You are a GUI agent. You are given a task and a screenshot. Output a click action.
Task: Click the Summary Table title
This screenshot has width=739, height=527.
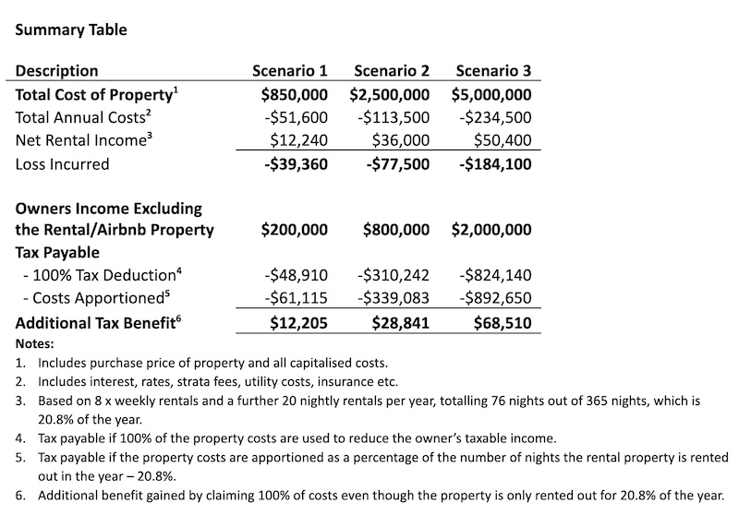(x=69, y=30)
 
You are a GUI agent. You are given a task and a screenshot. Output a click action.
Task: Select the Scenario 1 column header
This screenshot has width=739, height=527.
(x=290, y=71)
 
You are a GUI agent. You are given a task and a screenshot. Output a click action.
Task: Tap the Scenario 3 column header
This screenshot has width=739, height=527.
(x=493, y=71)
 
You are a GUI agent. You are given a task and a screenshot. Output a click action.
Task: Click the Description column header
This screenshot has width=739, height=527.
(x=57, y=71)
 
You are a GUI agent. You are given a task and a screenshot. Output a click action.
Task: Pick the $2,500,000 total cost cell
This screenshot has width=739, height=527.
(x=390, y=94)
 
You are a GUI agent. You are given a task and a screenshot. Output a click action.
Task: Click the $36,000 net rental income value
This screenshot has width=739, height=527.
(x=400, y=140)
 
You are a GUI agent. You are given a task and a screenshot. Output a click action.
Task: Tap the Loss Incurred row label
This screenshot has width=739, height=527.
(x=63, y=164)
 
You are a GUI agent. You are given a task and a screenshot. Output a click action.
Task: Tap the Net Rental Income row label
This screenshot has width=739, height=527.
(x=81, y=140)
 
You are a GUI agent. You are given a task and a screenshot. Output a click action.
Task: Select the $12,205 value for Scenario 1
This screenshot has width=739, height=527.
(x=298, y=322)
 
